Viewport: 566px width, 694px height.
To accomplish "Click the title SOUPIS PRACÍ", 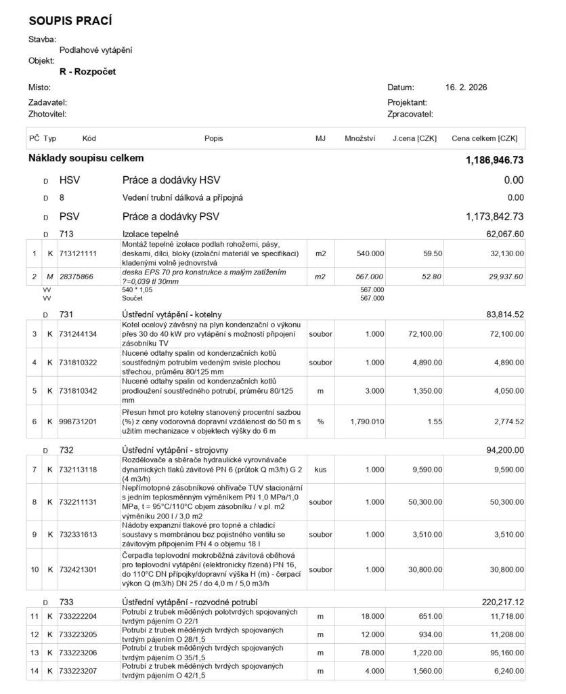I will (x=70, y=21).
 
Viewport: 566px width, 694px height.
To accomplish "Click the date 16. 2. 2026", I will (x=466, y=87).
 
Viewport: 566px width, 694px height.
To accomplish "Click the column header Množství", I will (x=360, y=138).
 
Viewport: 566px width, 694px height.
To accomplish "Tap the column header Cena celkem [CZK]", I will (x=484, y=138).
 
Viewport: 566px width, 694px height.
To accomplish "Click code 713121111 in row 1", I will (x=78, y=253).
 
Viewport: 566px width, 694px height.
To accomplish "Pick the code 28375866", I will (x=77, y=277).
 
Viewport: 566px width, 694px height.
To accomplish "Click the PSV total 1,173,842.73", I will (x=494, y=217).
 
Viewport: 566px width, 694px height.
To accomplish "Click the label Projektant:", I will (x=408, y=102).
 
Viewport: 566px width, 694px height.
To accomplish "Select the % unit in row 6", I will (x=320, y=422).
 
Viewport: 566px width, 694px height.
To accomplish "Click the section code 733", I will (x=66, y=601).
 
